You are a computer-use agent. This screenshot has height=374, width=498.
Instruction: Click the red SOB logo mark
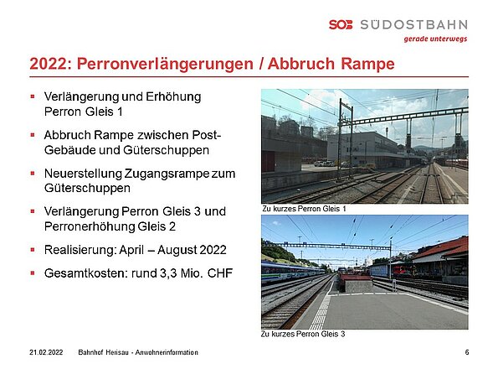click(341, 24)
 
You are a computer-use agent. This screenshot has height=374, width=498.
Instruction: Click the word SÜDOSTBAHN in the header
click(413, 24)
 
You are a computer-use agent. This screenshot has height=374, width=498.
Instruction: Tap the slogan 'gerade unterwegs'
click(435, 39)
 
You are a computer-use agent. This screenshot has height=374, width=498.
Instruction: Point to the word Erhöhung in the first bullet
click(173, 97)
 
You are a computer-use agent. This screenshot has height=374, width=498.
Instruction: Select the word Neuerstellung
click(83, 174)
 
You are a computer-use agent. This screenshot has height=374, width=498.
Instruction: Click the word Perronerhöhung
click(90, 227)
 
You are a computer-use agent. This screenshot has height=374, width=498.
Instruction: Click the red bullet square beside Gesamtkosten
click(33, 273)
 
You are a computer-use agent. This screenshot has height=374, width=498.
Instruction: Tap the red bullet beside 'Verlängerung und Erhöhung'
click(33, 96)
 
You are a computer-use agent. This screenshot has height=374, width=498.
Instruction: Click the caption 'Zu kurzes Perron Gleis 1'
click(304, 209)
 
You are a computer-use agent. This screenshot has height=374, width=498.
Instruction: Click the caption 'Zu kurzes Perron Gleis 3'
click(303, 334)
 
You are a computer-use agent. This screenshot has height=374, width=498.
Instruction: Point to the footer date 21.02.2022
click(46, 352)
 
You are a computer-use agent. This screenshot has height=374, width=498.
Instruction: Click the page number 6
click(467, 352)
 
